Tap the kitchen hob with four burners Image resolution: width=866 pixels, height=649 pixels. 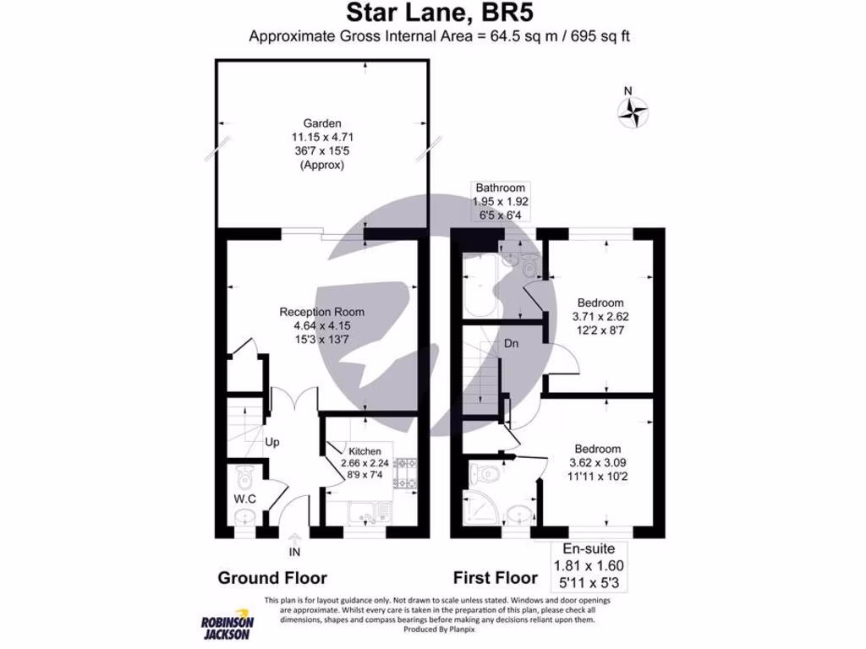[404, 472]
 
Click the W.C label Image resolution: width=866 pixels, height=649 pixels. [244, 499]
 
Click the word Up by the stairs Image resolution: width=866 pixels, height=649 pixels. [273, 442]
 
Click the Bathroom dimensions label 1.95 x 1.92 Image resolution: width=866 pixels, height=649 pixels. [501, 202]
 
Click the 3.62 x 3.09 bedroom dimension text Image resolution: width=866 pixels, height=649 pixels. [599, 463]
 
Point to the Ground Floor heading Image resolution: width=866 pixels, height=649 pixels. [272, 578]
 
